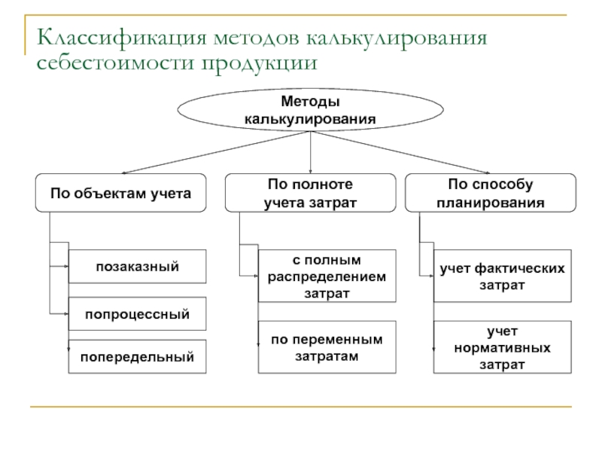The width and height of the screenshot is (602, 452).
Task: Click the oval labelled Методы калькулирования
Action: click(x=310, y=110)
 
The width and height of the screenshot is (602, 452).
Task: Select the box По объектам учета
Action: click(x=120, y=193)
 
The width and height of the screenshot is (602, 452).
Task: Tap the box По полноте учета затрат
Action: click(x=310, y=193)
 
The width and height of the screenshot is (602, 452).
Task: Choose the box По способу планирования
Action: click(x=491, y=193)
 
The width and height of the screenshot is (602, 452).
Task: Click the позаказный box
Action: click(x=137, y=267)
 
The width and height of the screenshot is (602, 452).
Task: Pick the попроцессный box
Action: click(x=137, y=313)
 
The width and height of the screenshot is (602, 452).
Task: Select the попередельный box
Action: click(x=137, y=356)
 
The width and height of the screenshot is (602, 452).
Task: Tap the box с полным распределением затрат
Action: click(x=327, y=276)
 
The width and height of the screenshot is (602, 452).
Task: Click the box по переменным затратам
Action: click(x=327, y=347)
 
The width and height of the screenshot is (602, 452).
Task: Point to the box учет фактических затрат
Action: click(x=502, y=276)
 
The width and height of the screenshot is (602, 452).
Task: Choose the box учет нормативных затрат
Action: click(x=502, y=347)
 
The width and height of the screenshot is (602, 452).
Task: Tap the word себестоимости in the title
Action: click(x=116, y=63)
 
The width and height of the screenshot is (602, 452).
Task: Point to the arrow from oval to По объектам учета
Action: click(x=216, y=153)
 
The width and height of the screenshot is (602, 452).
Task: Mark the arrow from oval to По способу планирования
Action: click(x=400, y=153)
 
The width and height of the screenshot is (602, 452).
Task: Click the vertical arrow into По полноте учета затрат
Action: click(x=310, y=153)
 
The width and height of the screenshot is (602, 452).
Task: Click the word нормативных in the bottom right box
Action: click(x=502, y=348)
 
